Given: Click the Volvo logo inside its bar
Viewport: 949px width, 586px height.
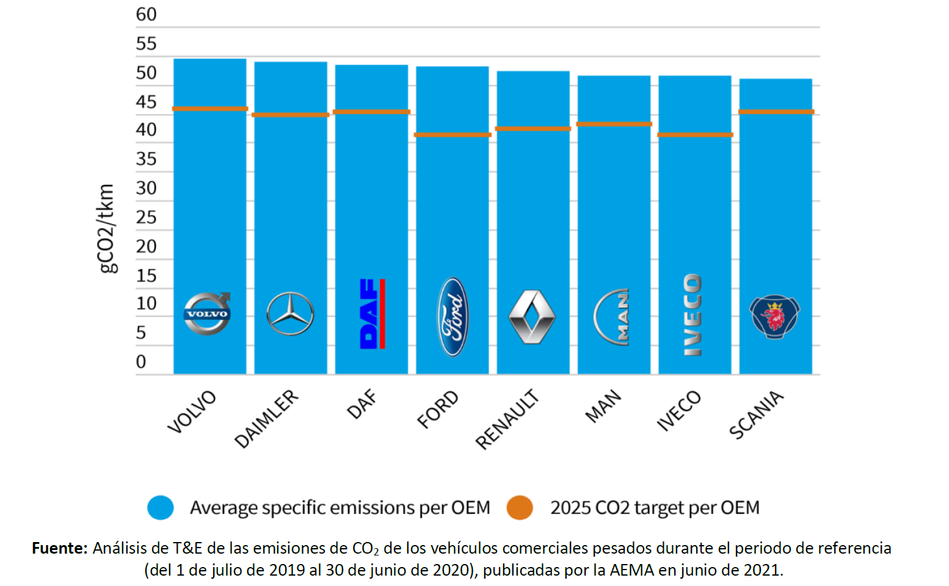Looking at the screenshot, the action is coord(207,313).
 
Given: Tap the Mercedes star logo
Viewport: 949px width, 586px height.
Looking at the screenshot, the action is coord(290,314).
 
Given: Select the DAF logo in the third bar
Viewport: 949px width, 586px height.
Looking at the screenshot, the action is coord(373,314).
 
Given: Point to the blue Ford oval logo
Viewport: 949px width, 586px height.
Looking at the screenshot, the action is coord(453,317).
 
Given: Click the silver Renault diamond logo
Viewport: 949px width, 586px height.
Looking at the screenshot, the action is coord(532,317).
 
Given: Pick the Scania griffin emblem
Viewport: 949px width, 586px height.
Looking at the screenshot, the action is coord(775,317).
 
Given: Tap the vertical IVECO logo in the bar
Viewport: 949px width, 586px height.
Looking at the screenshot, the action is coord(693,314).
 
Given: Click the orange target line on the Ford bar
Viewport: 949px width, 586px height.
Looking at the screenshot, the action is coord(453,135).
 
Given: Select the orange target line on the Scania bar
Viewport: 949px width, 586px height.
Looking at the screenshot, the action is coord(776,112).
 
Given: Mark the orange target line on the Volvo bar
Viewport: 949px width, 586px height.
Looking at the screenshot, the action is coord(209,109).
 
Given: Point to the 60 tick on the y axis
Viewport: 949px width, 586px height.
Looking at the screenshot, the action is coord(146,15).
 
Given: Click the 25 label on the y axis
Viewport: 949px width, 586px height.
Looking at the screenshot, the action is coord(146,217).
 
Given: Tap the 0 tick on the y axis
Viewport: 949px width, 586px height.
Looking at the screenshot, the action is coord(141,362).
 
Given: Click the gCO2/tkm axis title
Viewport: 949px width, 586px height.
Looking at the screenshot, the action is coord(106,229).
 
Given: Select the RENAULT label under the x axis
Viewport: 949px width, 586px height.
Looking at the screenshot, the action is coord(507,419).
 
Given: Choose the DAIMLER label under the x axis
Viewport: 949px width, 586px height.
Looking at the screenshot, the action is coord(266,419).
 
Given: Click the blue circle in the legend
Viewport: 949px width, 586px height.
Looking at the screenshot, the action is coord(161,507).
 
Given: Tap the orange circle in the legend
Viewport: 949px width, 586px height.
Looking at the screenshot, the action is coord(520,507).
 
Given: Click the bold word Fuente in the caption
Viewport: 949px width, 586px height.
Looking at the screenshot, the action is coord(60,548).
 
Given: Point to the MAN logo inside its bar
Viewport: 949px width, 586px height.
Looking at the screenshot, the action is coord(612,317).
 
